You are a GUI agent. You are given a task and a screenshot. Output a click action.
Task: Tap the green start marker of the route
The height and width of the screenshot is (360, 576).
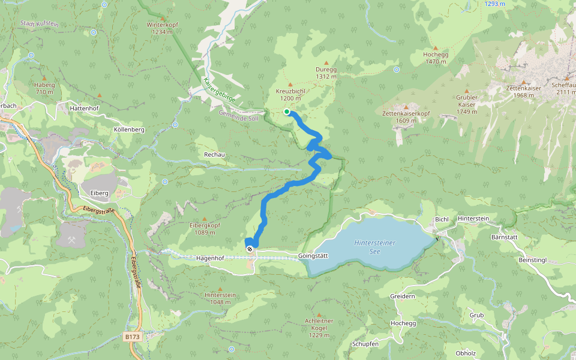[287, 112]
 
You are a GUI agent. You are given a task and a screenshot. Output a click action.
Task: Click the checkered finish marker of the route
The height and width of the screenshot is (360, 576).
[250, 248]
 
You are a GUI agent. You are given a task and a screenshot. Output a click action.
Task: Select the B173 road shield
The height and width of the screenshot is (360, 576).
[133, 337]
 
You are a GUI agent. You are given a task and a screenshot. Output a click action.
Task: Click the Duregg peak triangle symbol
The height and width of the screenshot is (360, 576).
[326, 62]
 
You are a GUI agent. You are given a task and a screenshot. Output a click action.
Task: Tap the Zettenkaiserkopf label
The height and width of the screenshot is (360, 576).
[406, 116]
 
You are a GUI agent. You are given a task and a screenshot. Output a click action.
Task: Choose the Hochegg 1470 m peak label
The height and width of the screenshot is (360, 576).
[436, 58]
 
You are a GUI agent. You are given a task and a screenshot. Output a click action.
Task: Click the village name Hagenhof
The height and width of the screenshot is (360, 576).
[210, 257]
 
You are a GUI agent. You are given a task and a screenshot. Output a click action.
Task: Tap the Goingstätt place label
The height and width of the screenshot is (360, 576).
[314, 256]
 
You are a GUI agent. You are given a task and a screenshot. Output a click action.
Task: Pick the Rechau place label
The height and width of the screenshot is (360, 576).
[214, 155]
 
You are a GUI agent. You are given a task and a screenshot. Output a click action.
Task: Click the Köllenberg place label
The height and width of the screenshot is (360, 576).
[129, 130]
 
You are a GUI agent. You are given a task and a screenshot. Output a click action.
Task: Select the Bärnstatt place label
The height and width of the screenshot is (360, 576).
[519, 236]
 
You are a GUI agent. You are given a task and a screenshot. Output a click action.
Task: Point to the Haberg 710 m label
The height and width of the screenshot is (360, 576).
[44, 88]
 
